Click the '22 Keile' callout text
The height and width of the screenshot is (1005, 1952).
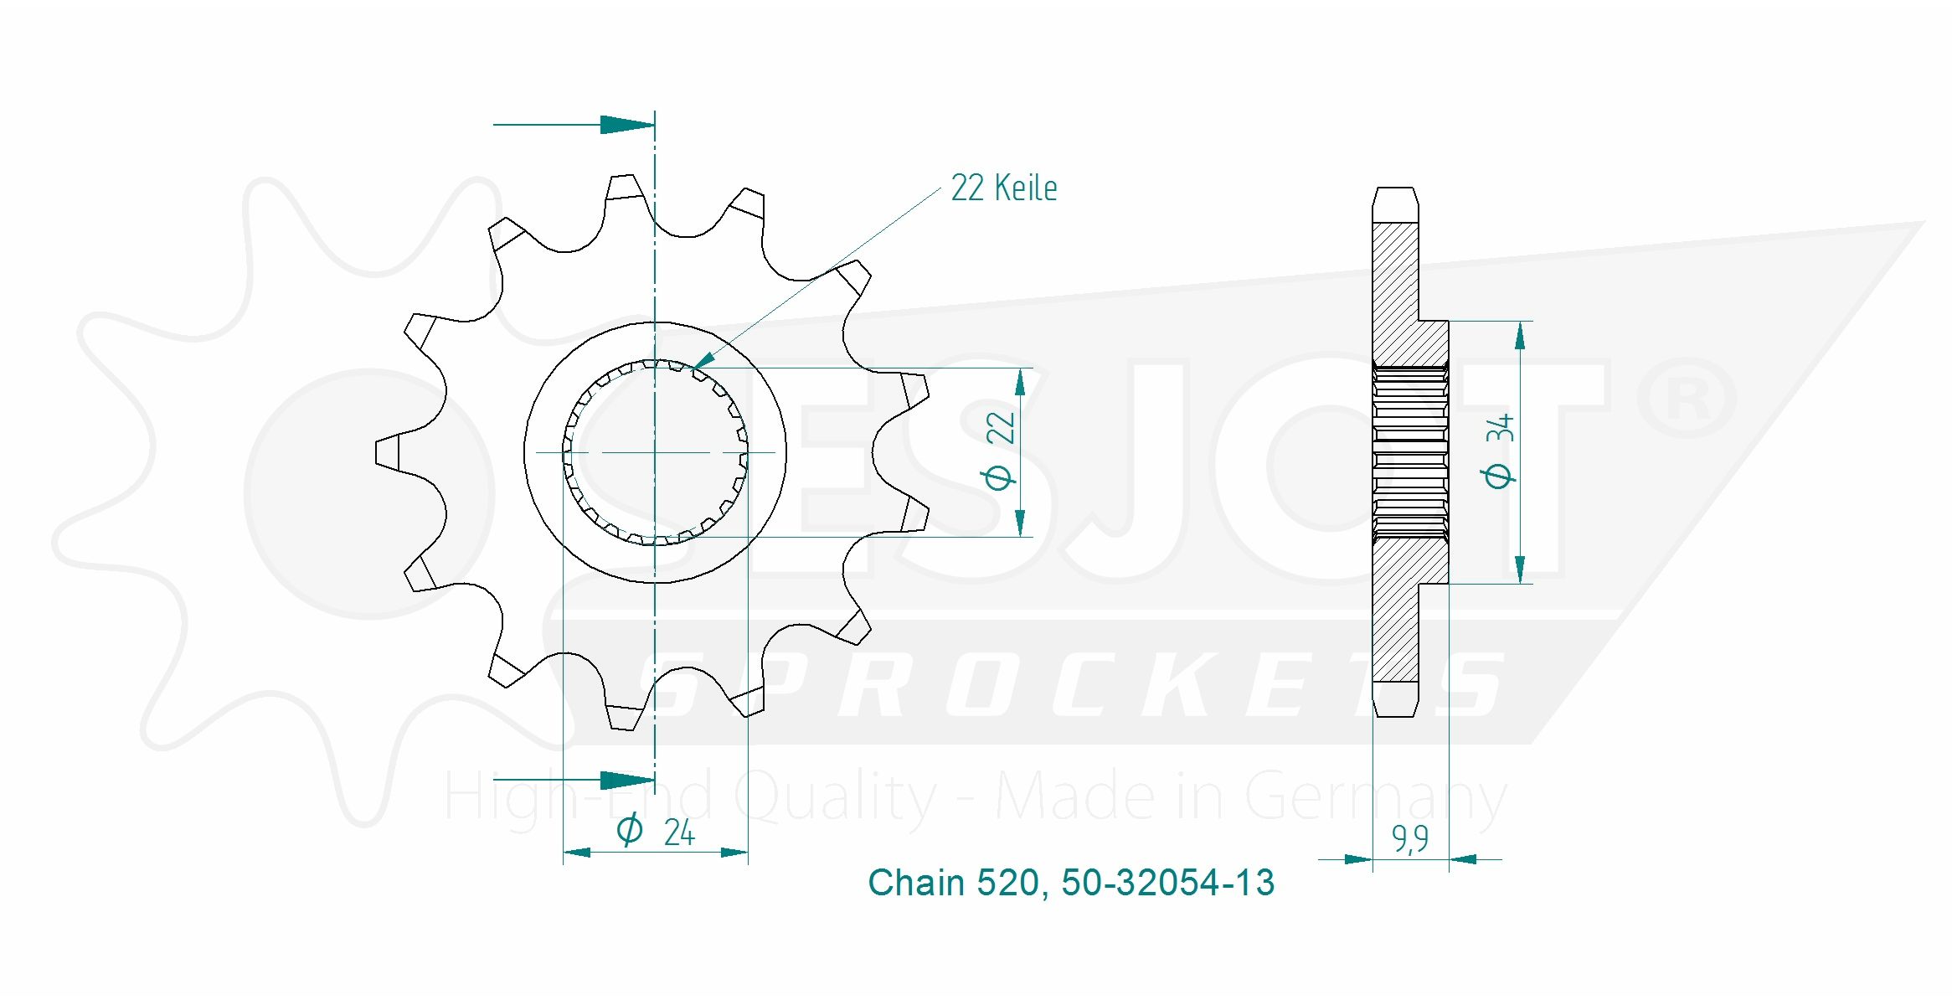click(x=1003, y=188)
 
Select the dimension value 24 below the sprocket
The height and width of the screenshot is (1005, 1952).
click(x=679, y=832)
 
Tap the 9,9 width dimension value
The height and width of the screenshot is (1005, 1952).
click(x=1410, y=838)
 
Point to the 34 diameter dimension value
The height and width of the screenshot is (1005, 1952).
click(x=1500, y=427)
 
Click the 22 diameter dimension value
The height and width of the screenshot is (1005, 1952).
click(x=1000, y=427)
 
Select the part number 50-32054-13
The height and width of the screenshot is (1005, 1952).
click(x=1167, y=883)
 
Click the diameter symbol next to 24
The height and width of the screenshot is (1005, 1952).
click(x=630, y=829)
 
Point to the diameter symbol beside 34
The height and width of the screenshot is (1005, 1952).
click(x=1498, y=476)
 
